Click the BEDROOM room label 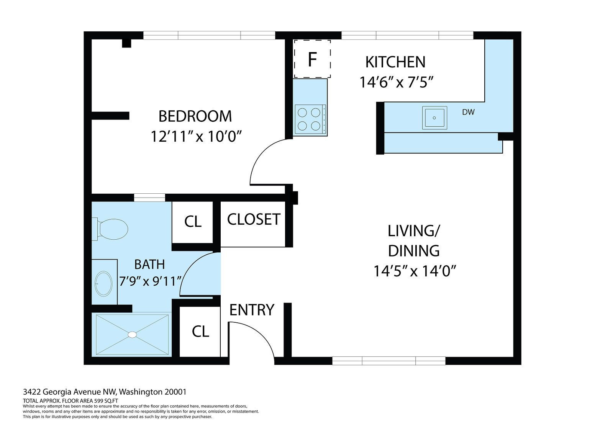(195, 116)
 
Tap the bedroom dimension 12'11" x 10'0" (196, 136)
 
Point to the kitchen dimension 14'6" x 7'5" (396, 82)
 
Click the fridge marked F (312, 59)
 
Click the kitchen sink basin (434, 118)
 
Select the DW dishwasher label (468, 112)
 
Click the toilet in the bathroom (110, 229)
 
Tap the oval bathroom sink (103, 284)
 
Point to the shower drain (132, 335)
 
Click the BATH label (149, 264)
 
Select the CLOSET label (254, 219)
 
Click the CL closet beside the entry (200, 332)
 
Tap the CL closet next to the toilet (193, 222)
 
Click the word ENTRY (252, 310)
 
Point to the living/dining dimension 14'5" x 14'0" (415, 271)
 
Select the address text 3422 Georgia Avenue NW (70, 392)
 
